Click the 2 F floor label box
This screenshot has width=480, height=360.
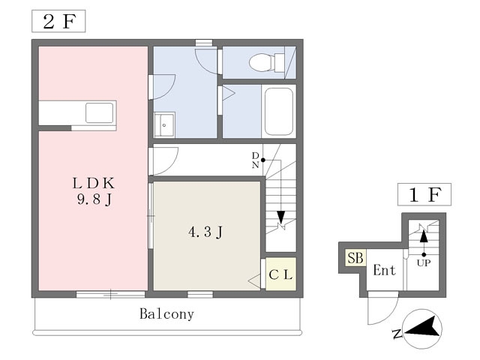coord(58,21)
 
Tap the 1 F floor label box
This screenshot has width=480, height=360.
coord(424,194)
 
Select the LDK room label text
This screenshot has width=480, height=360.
coord(94,183)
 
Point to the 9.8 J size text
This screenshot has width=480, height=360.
coord(94,199)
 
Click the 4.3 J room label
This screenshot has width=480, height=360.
coord(205,232)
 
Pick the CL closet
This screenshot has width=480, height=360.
coord(280,274)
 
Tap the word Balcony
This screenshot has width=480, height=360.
coord(166,314)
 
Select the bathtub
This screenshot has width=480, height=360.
coord(279,112)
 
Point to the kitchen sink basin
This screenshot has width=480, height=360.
coord(100,113)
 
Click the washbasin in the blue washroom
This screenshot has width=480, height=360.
coord(164,125)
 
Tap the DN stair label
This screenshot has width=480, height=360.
coord(255,160)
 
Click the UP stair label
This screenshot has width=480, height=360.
coord(424,262)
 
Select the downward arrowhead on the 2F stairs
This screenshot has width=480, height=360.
coord(280,217)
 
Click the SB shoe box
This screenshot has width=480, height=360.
coord(355,257)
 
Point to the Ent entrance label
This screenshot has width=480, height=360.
coord(385,270)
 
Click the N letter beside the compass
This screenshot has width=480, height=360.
coord(397,333)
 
